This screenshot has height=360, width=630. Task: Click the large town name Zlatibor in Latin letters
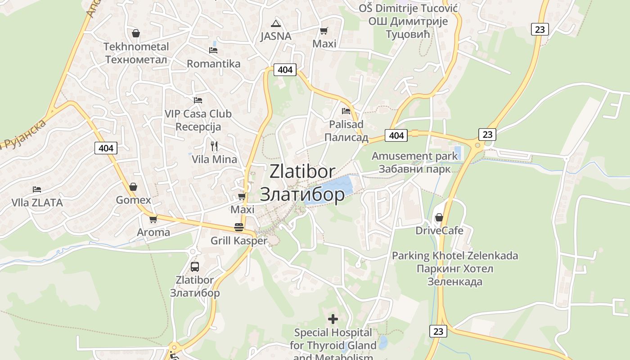pyautogui.click(x=302, y=171)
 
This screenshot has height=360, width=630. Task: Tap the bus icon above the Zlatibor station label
pyautogui.click(x=195, y=266)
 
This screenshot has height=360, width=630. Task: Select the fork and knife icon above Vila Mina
pyautogui.click(x=214, y=146)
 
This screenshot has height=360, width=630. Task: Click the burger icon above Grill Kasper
pyautogui.click(x=239, y=227)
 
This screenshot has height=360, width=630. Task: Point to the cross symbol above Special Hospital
pyautogui.click(x=333, y=319)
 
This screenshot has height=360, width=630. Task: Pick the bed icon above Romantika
pyautogui.click(x=213, y=50)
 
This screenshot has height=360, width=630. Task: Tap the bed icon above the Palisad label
pyautogui.click(x=346, y=111)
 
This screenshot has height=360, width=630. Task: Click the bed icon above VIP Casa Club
pyautogui.click(x=198, y=100)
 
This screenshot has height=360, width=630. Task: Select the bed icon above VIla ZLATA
pyautogui.click(x=37, y=189)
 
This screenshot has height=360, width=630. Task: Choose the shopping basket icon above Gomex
pyautogui.click(x=133, y=187)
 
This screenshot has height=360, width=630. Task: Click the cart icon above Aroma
pyautogui.click(x=153, y=219)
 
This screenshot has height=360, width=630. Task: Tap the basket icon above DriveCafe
pyautogui.click(x=439, y=218)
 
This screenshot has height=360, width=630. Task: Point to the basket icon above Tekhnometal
pyautogui.click(x=136, y=33)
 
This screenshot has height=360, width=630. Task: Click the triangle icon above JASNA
pyautogui.click(x=276, y=23)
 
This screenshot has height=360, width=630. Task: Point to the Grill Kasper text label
pyautogui.click(x=239, y=241)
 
